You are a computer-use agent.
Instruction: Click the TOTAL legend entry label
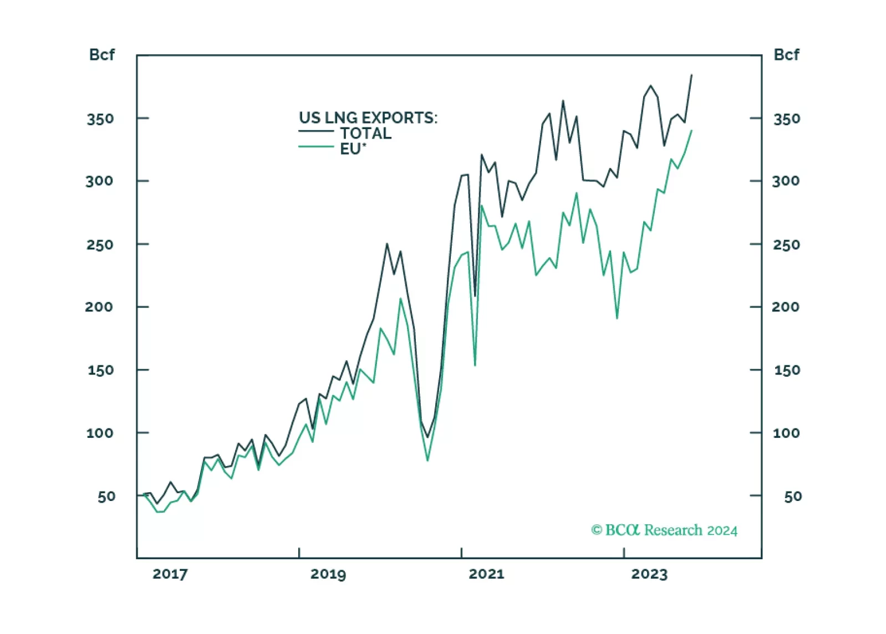(365, 133)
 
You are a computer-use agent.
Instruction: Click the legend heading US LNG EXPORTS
(368, 117)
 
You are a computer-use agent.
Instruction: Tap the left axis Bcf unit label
(102, 55)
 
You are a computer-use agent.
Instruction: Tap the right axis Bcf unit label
(786, 55)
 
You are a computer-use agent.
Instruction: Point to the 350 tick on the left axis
(100, 119)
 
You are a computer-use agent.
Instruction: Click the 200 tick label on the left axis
(99, 306)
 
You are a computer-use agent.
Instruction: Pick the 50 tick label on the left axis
(106, 496)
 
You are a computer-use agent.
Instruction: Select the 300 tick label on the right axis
(786, 181)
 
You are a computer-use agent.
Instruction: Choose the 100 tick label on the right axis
(786, 433)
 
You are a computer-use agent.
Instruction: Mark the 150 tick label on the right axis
(787, 370)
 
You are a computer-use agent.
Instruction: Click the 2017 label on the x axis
(170, 574)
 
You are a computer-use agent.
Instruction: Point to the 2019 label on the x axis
(328, 574)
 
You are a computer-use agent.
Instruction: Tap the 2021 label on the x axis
(486, 574)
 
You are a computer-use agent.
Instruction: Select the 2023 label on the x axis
(649, 574)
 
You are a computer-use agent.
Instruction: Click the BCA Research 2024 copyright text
(664, 530)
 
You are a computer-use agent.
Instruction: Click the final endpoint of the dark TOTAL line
(691, 75)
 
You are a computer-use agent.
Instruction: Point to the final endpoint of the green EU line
(691, 131)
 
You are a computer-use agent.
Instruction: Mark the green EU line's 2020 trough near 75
(427, 460)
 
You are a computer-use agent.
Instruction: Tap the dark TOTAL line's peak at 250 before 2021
(387, 244)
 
